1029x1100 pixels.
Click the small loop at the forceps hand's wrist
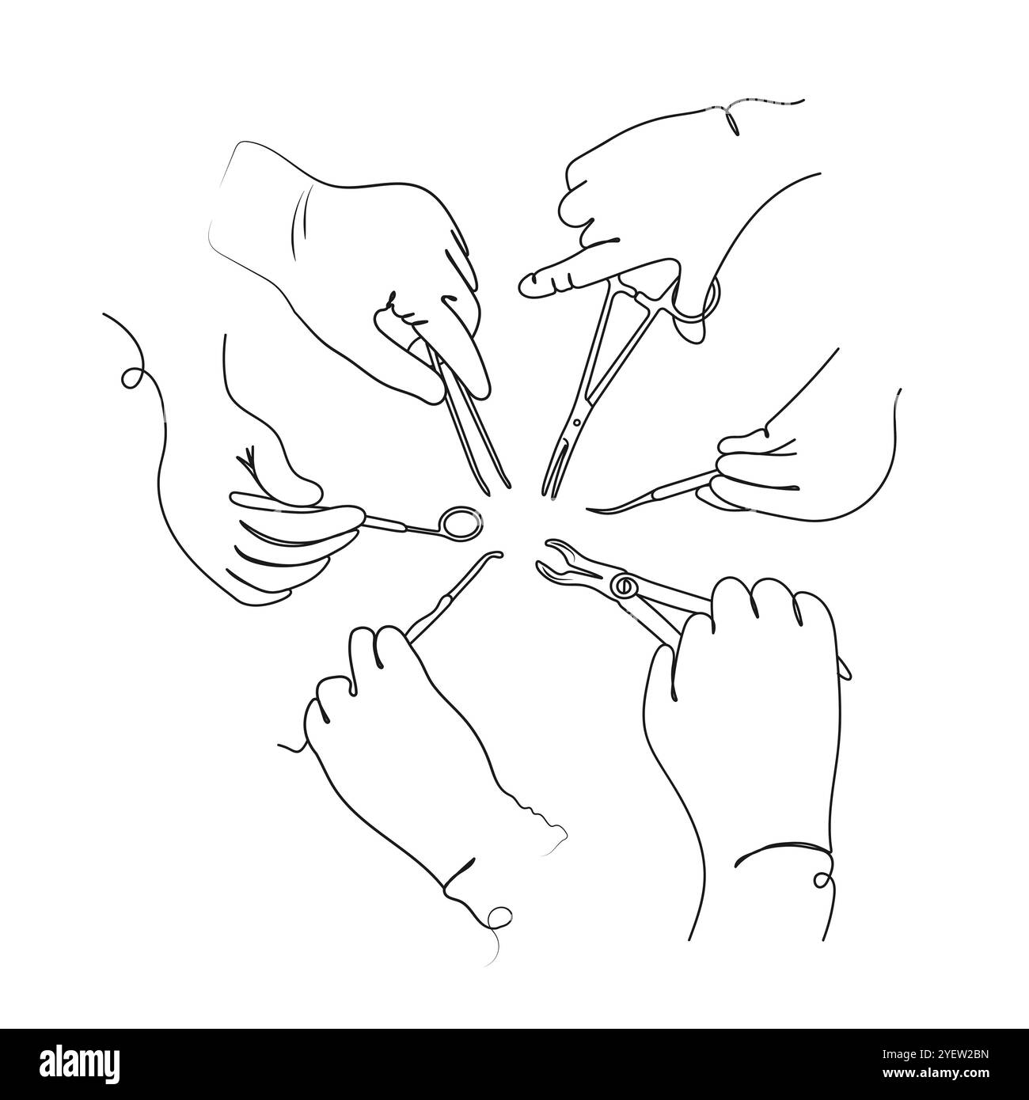[823, 879]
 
